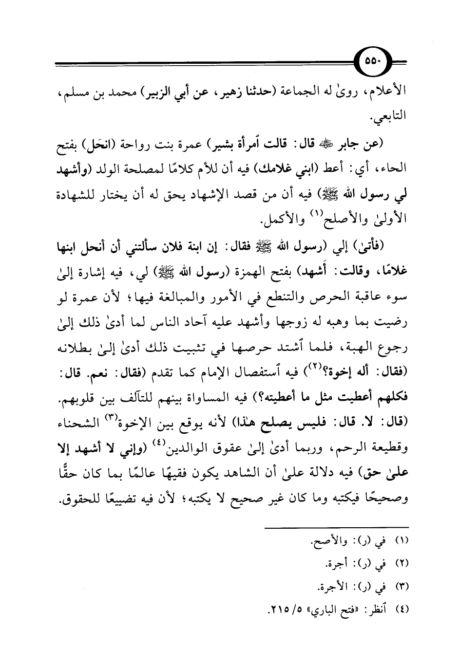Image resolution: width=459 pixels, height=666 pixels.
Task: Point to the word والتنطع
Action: (x=287, y=299)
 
